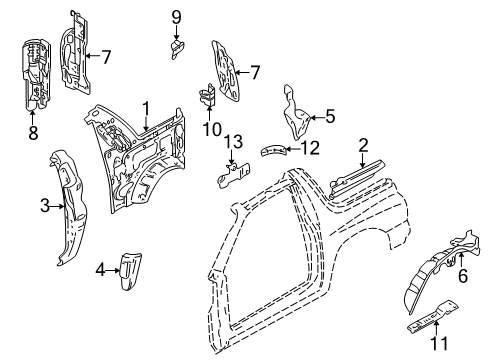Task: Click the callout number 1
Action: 146,107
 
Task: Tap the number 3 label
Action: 44,206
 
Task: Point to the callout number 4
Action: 100,268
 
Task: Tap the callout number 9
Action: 176,16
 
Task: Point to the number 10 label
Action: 211,129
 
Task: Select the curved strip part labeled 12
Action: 274,150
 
